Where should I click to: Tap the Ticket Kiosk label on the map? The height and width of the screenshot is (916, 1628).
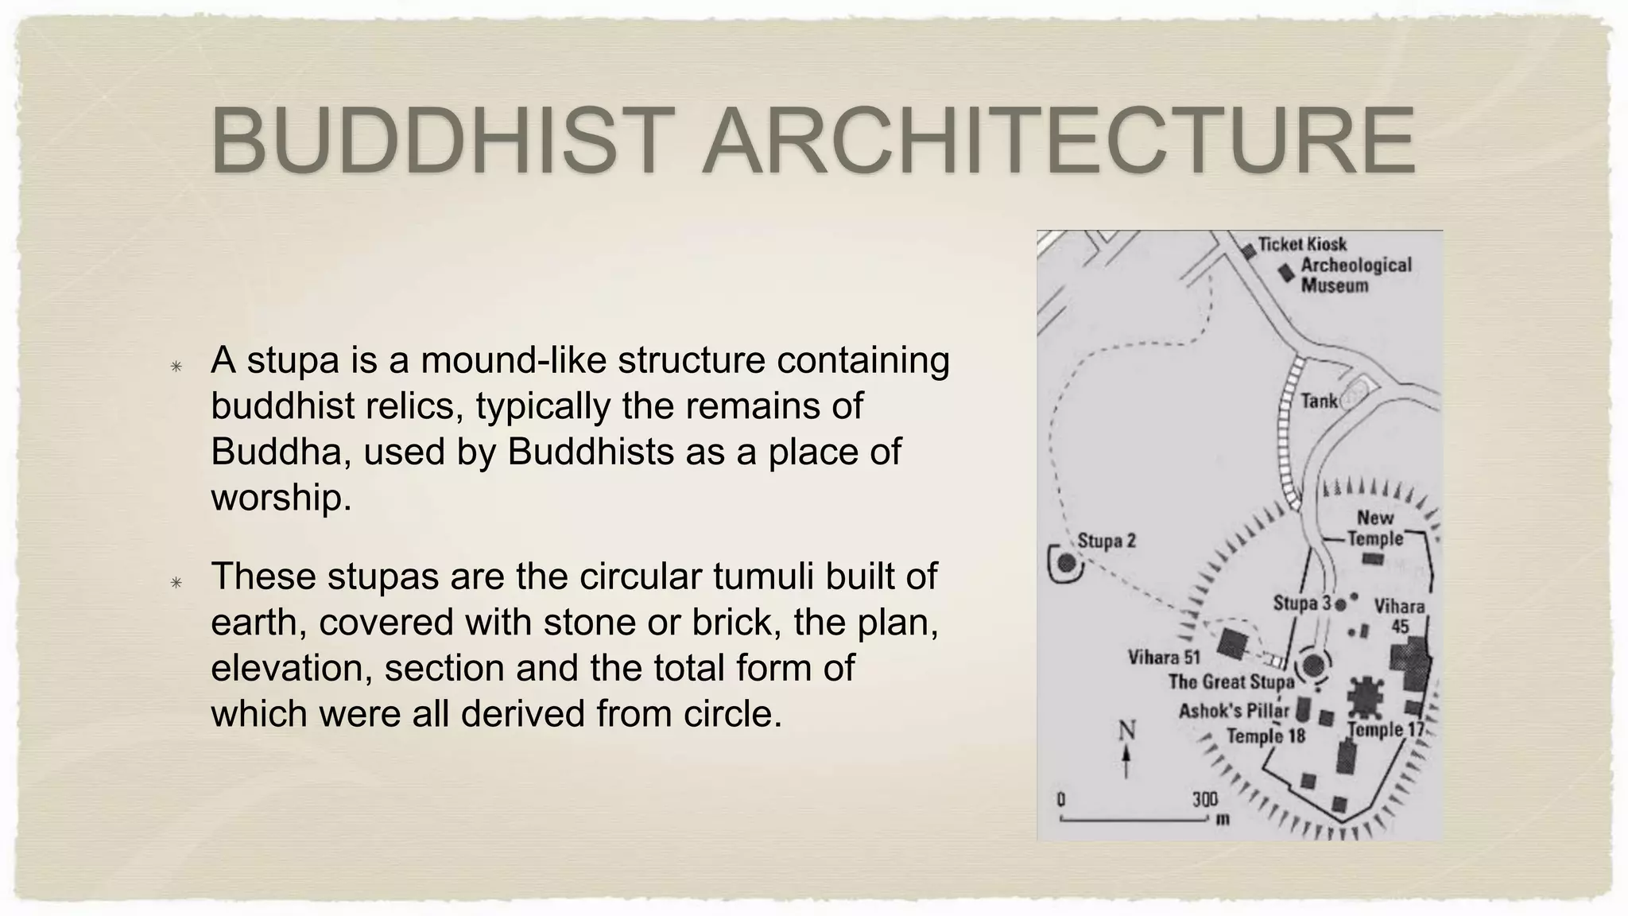coord(1302,244)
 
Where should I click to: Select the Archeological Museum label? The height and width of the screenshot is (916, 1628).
coord(1355,274)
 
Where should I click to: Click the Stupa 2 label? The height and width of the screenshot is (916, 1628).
coord(1107,541)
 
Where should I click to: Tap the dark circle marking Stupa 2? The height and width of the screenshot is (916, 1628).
coord(1067,563)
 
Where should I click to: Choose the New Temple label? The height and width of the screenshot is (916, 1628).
coord(1375,528)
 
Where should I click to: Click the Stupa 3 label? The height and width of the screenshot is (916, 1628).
coord(1301,604)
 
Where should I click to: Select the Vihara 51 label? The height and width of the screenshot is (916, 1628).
coord(1163,658)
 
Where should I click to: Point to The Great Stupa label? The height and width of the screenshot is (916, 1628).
coord(1231,681)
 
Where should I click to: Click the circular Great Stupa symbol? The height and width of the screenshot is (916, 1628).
coord(1313,665)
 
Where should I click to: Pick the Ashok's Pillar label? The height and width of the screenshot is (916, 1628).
coord(1233,710)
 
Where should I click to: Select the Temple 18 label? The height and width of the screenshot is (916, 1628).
coord(1265,736)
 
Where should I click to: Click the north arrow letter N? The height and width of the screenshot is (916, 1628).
coord(1126,729)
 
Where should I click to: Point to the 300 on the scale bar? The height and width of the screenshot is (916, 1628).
coord(1204,798)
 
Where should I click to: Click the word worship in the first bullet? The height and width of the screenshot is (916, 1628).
coord(281,498)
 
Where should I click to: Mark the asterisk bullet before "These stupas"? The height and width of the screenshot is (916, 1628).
coord(176,583)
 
